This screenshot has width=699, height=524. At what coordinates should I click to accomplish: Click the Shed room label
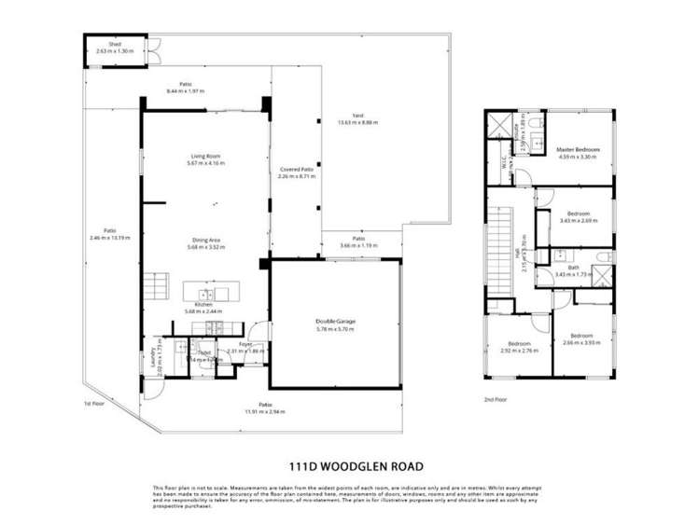pos(115,44)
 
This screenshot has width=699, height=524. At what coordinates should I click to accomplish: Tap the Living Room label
pos(205,156)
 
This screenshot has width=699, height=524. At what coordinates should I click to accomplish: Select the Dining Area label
pos(204,240)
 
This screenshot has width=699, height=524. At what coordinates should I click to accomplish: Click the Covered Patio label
pos(296,169)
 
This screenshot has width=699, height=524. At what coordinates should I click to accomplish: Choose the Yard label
pos(357,116)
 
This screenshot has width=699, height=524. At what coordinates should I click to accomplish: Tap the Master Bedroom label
pos(578,149)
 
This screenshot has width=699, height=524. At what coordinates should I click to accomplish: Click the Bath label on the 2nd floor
pos(573,268)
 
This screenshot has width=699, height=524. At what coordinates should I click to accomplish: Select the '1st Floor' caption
pos(93,404)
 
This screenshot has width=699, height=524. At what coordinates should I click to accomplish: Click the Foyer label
pos(245,344)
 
